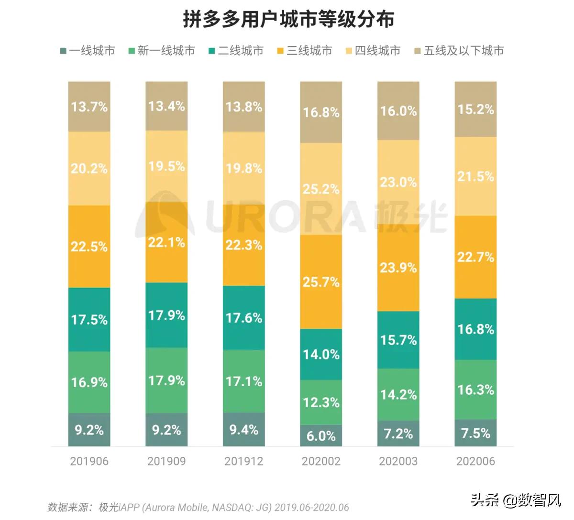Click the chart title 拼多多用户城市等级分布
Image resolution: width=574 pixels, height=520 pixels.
pos(288,20)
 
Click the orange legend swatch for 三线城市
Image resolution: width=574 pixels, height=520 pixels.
pos(280,51)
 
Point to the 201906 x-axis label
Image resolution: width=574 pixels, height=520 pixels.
pos(89,461)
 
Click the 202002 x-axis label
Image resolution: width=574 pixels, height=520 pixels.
pos(321,461)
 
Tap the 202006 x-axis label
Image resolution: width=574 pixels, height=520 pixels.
pos(475,461)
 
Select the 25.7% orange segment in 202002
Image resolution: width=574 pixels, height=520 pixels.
pos(321,282)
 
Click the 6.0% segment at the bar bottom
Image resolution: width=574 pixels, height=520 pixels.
pos(321,435)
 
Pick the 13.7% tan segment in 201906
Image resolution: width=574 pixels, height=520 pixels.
pos(89,107)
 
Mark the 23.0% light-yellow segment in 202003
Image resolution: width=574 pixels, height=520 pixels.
pos(398,182)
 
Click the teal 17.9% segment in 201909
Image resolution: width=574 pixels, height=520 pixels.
pos(166,315)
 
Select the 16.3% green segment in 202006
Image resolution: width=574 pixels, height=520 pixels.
pos(475,390)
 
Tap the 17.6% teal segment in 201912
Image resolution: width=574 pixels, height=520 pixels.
pos(244,318)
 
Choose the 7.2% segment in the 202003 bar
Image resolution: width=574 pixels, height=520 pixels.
pos(398,433)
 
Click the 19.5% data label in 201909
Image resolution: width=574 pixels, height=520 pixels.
pos(166,166)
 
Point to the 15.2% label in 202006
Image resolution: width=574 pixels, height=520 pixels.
pos(475,109)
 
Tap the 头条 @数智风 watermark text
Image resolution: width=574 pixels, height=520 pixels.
pos(516,500)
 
